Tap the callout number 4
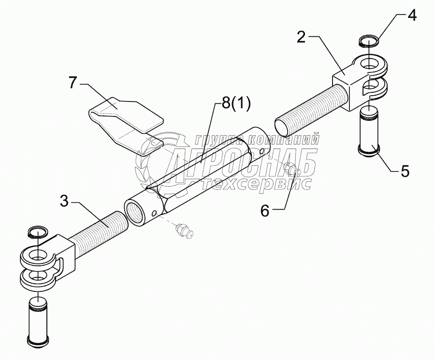click(x=411, y=15)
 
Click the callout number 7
click(x=72, y=83)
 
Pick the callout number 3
click(x=64, y=201)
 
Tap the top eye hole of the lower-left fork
click(x=36, y=255)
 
